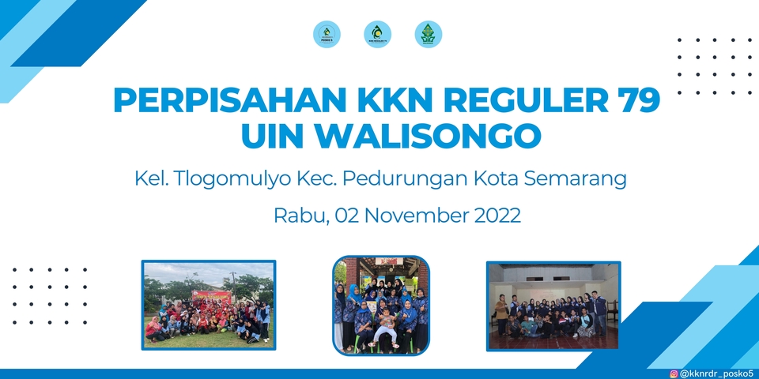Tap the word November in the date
(421, 215)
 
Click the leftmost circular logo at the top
(327, 34)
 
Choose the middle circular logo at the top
(377, 34)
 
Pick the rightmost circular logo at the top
(428, 34)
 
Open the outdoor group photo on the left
(209, 305)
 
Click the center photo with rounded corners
(380, 304)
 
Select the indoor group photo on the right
(553, 305)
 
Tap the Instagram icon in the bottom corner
(674, 373)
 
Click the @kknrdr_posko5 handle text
(716, 373)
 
